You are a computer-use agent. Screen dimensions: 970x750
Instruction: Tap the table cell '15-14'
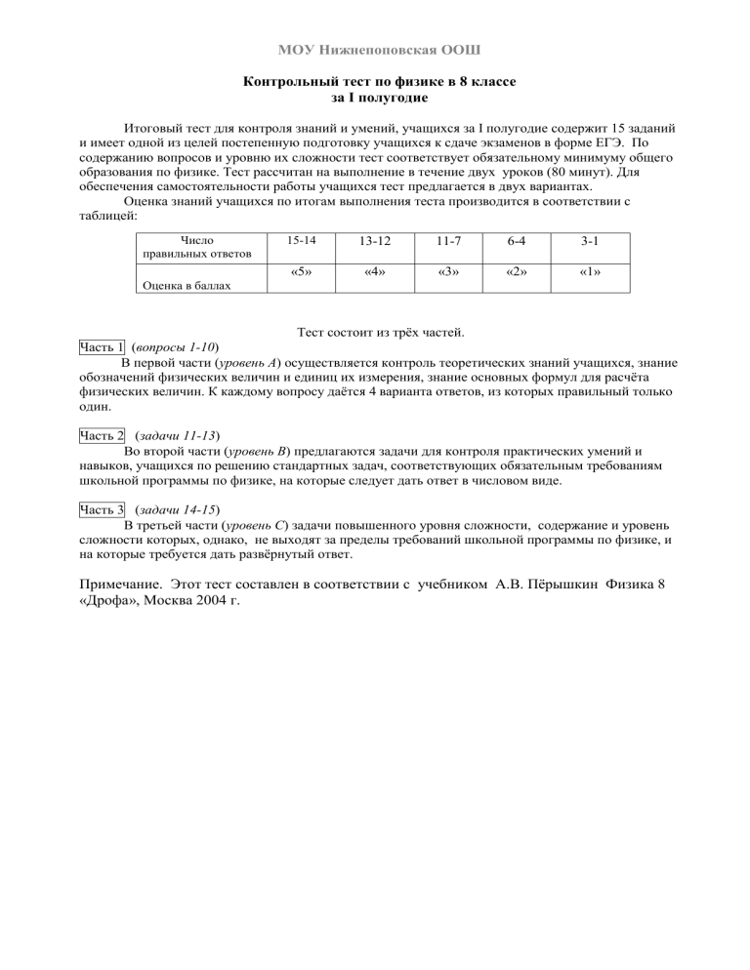coord(302,239)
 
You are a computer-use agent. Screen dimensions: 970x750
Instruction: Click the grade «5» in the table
coord(302,272)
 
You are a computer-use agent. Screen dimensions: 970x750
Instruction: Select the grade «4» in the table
coord(370,272)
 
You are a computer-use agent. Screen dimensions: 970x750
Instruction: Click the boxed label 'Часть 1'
coord(101,347)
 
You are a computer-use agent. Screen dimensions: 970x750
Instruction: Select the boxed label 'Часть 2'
coord(101,436)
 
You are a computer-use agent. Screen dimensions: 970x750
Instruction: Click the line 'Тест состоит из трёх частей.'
coord(373,333)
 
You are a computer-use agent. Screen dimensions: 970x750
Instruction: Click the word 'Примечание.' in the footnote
coord(118,585)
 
